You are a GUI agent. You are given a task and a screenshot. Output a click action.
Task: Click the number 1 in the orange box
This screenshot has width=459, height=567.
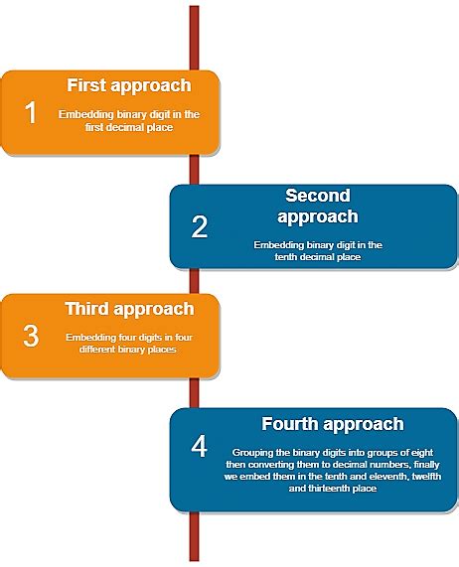tap(31, 112)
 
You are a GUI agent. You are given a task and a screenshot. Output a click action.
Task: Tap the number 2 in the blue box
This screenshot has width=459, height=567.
tap(199, 227)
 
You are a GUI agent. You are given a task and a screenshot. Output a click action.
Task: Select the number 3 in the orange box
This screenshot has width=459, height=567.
tap(31, 336)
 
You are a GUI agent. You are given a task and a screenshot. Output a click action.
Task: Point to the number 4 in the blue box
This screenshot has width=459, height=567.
tap(199, 447)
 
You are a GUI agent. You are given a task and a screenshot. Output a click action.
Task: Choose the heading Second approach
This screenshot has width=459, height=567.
tap(317, 206)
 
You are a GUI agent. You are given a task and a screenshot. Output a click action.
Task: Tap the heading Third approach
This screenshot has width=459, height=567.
tap(129, 309)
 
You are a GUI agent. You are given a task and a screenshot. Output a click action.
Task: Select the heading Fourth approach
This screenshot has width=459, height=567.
tap(332, 424)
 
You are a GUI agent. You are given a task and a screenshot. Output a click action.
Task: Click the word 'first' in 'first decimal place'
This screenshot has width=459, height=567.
tap(94, 127)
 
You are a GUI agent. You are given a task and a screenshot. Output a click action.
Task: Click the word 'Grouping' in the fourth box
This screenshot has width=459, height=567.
tap(252, 451)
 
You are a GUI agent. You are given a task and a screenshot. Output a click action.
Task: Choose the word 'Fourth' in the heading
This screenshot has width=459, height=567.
tap(289, 424)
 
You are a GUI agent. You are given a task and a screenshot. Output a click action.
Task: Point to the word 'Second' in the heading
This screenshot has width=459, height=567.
tap(317, 196)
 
